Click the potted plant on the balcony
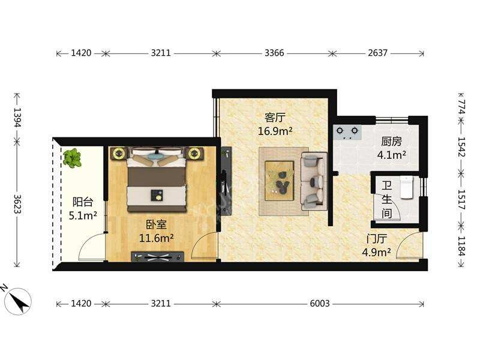tap(72, 158)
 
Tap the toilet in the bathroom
tap(407, 187)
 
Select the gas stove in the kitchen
tap(347, 132)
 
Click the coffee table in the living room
tap(280, 181)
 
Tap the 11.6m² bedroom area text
tap(157, 238)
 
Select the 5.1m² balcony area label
tap(83, 215)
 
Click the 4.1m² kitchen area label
tap(392, 155)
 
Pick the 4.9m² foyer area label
tap(376, 252)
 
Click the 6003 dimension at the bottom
tap(320, 304)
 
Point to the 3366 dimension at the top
tap(274, 53)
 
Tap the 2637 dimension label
tap(378, 53)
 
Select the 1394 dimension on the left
tap(18, 117)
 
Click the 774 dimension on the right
tap(461, 107)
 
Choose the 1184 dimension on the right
tap(461, 246)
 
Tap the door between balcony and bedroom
tap(92, 247)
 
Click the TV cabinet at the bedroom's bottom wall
tap(158, 257)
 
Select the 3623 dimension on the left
tap(18, 204)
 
